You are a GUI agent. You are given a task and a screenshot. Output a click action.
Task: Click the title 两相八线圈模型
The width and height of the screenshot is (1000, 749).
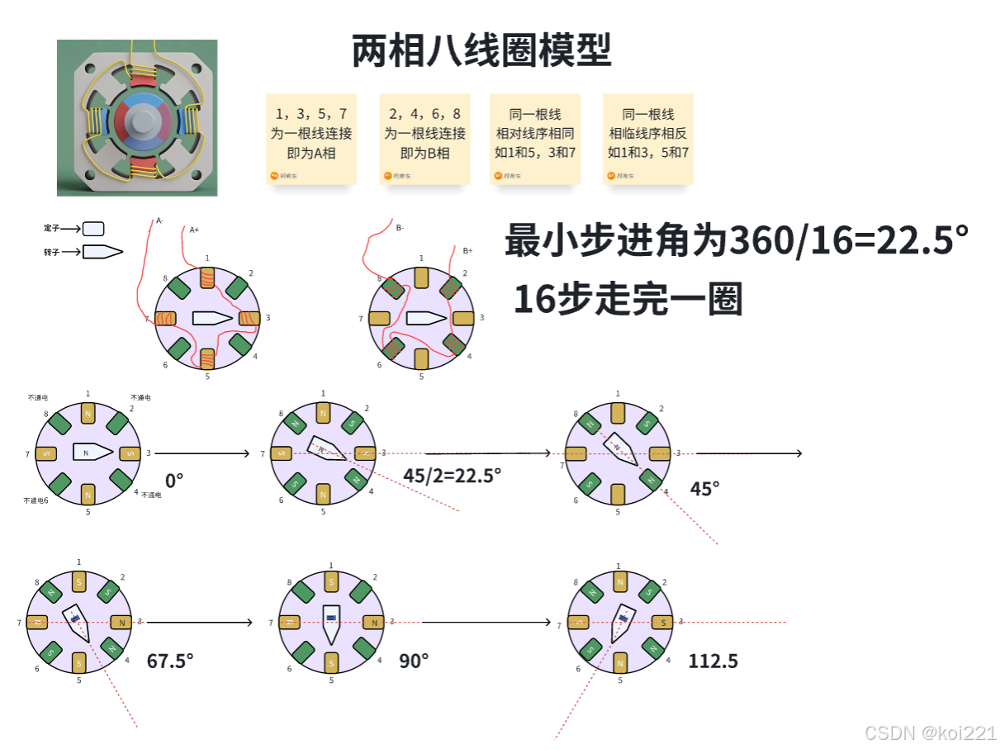(481, 51)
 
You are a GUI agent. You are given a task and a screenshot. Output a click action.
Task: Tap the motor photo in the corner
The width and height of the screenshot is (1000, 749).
(137, 118)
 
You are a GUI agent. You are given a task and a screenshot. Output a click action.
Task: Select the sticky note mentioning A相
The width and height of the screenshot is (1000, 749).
(310, 137)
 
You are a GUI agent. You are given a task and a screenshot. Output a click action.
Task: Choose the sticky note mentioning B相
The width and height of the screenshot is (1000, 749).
(424, 137)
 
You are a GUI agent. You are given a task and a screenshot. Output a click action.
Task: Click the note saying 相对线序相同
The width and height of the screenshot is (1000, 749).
(535, 137)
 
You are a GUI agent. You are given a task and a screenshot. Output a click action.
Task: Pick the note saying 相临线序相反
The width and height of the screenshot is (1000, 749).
(648, 137)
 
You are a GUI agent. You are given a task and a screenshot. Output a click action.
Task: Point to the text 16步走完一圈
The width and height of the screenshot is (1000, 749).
(628, 299)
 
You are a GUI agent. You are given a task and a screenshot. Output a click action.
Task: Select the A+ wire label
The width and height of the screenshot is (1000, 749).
(194, 230)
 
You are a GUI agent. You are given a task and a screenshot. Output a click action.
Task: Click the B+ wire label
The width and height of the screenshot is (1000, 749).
(467, 250)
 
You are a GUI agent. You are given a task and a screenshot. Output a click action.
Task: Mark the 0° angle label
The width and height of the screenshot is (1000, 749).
(173, 480)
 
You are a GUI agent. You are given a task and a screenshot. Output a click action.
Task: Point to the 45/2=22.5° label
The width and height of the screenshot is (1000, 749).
(452, 475)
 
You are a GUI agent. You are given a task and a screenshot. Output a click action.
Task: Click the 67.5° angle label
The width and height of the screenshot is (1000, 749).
(170, 661)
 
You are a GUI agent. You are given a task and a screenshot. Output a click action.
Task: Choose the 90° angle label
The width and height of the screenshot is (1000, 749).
(414, 661)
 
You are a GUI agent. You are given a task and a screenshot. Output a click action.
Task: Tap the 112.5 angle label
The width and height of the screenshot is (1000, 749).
(713, 661)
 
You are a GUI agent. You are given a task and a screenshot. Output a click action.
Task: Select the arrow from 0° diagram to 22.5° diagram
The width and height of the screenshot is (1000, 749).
(201, 453)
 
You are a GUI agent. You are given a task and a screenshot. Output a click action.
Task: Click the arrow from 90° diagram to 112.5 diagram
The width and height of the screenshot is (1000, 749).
(486, 622)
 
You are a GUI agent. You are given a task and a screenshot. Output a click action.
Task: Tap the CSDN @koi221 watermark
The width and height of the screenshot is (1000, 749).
(930, 732)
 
